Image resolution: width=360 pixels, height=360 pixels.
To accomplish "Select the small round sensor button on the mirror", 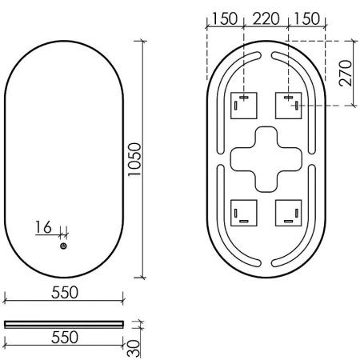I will pyautogui.click(x=63, y=247).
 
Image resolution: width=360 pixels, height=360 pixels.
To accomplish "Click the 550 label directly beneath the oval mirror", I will pyautogui.click(x=64, y=293).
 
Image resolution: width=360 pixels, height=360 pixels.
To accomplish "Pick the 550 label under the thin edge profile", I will pyautogui.click(x=64, y=337).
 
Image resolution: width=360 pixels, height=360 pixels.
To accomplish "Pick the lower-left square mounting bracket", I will pyautogui.click(x=243, y=210).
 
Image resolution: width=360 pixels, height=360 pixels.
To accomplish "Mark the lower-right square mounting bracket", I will pyautogui.click(x=287, y=210).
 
